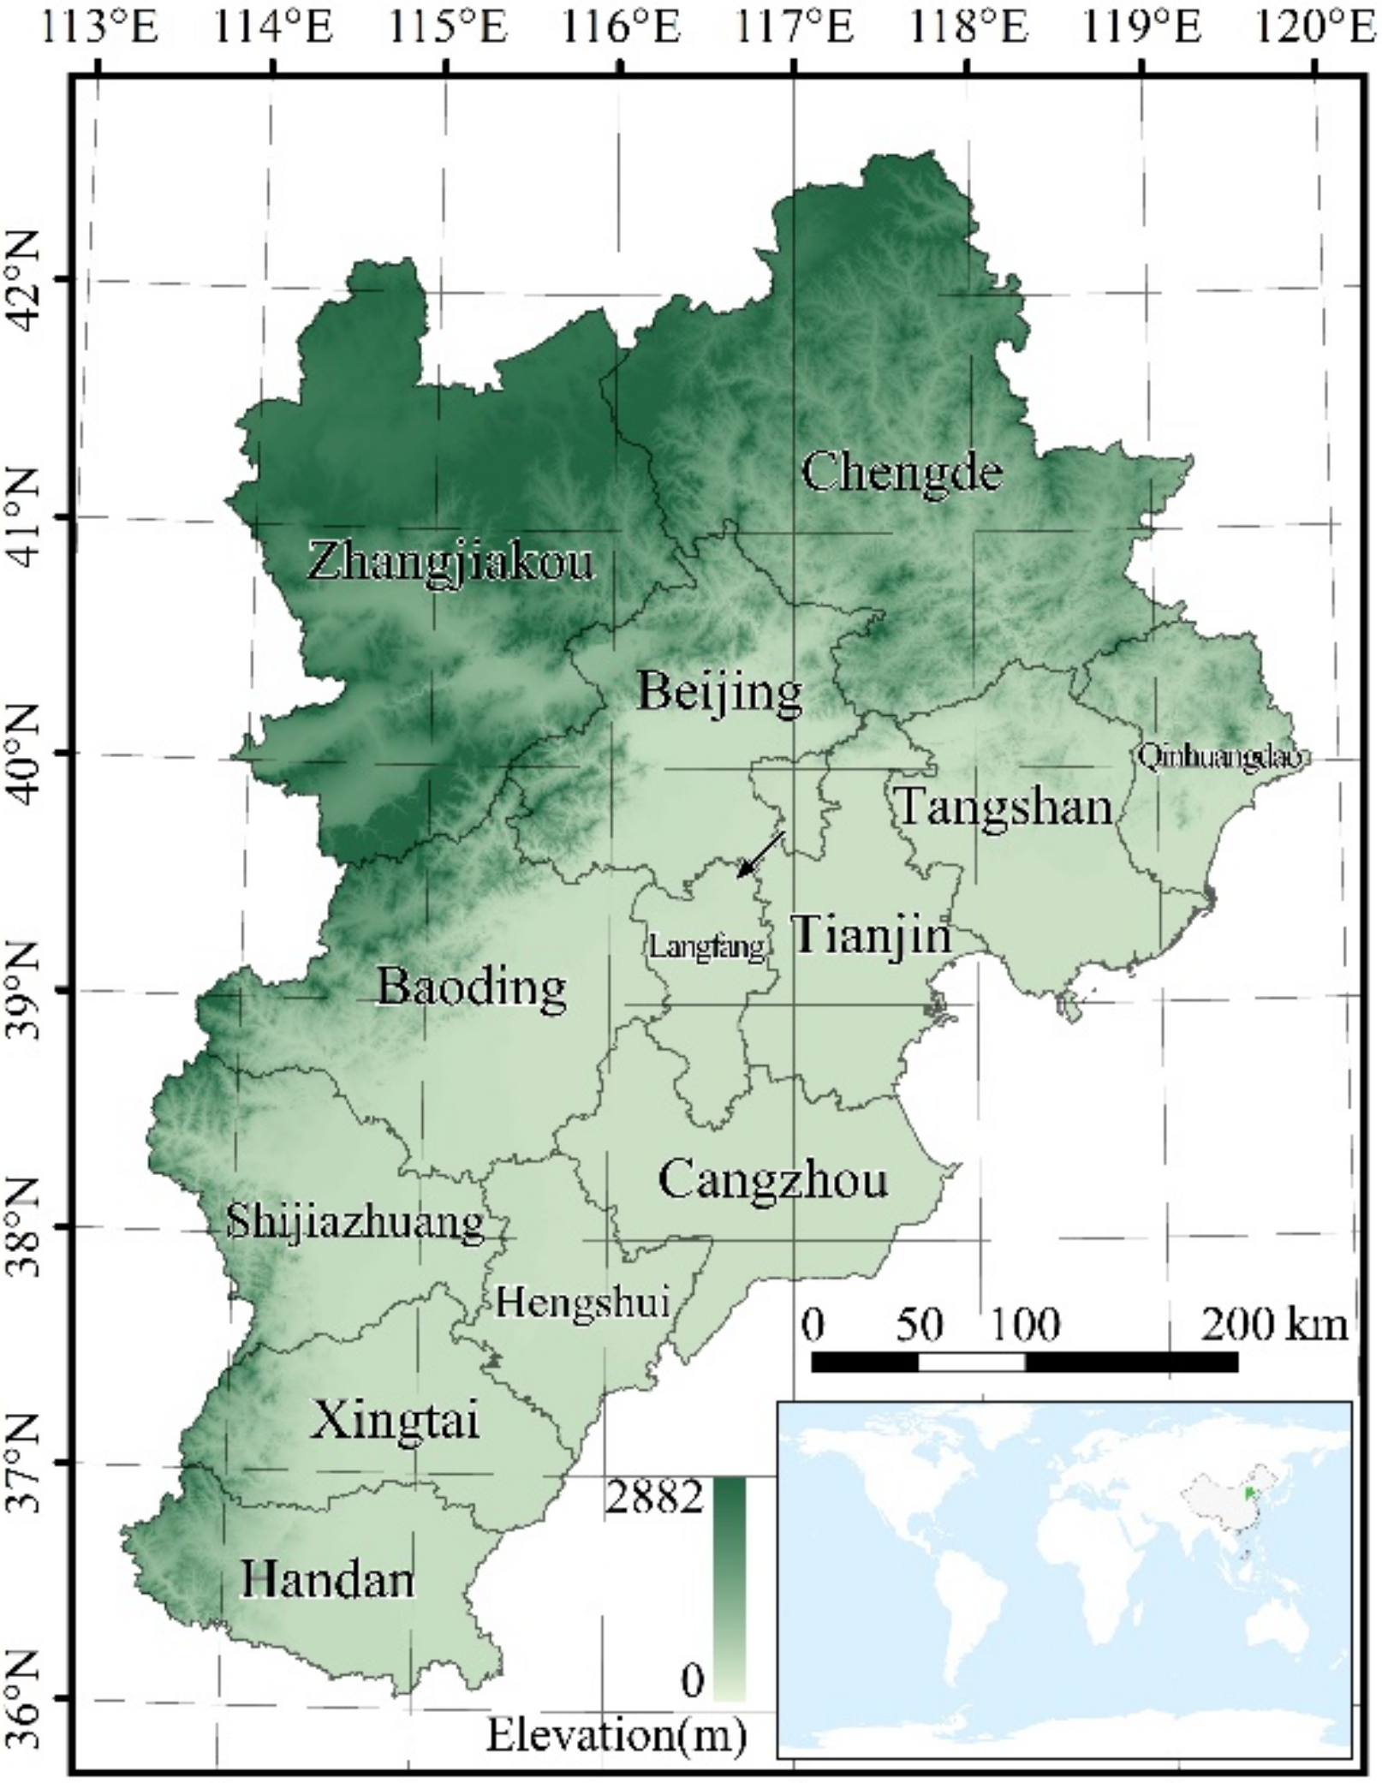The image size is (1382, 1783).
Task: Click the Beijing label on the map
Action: click(720, 691)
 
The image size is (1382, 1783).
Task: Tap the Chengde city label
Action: click(901, 472)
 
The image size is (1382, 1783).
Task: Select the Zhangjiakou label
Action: click(450, 563)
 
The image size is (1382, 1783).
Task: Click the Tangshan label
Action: click(1003, 807)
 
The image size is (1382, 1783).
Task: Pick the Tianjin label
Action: click(872, 935)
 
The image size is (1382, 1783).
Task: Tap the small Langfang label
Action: click(705, 948)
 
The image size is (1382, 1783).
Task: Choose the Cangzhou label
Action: click(772, 1180)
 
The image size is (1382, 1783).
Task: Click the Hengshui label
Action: click(581, 1303)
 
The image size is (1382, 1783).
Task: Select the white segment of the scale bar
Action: click(971, 1362)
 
